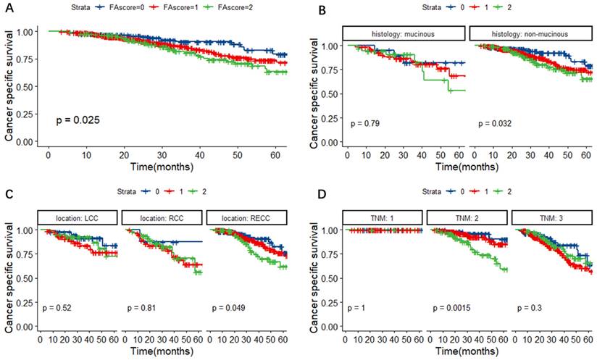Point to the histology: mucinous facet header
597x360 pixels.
pos(404,34)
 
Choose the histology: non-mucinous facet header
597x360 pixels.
pos(530,34)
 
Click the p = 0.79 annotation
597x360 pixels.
pos(364,124)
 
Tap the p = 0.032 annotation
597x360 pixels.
pos(495,124)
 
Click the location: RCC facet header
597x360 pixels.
pos(162,217)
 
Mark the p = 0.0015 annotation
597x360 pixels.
pos(453,308)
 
